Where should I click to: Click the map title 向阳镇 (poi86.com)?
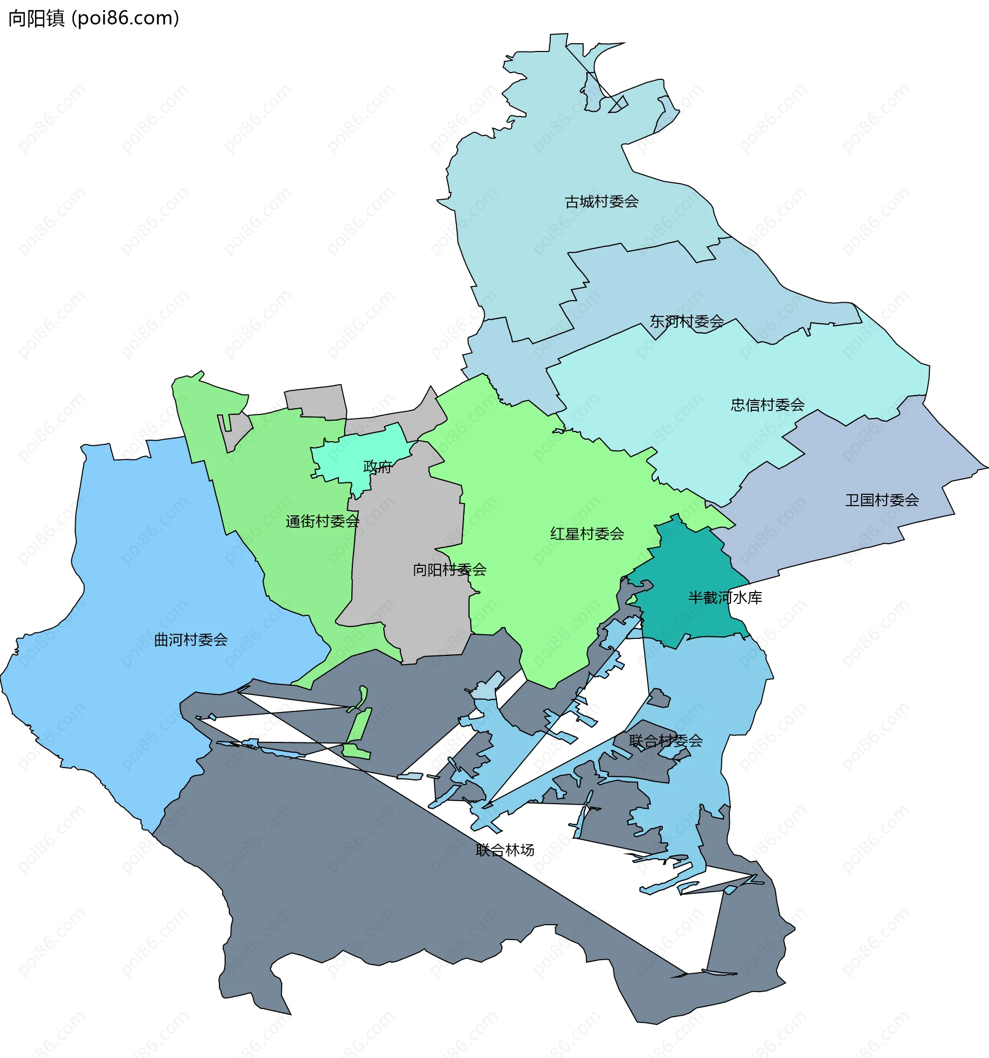point(94,18)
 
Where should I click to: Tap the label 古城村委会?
point(601,202)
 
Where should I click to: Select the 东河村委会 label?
point(687,321)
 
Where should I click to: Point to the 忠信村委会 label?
point(768,405)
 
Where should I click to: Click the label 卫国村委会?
point(882,500)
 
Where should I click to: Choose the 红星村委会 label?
point(587,534)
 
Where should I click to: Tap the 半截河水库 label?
point(725,598)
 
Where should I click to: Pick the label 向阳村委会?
point(450,570)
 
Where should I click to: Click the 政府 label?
point(377,467)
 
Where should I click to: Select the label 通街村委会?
point(322,521)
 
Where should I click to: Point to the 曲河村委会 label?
point(191,640)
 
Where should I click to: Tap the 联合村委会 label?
point(666,740)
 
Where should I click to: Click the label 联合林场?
point(505,850)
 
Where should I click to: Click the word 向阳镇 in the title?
point(36,18)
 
